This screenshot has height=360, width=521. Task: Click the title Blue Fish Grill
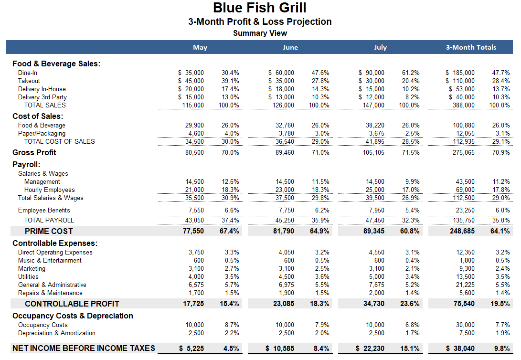pos(260,8)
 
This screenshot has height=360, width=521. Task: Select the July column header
pos(380,47)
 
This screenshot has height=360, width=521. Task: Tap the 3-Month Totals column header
pos(471,47)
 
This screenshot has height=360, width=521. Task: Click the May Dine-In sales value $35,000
pos(191,73)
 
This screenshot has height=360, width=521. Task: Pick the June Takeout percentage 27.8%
pos(320,81)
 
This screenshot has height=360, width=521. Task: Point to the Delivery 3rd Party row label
pos(43,97)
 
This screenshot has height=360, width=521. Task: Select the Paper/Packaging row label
pos(42,133)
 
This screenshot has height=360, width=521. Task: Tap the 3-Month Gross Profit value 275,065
pos(464,152)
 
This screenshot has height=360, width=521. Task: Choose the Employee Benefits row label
pos(44,210)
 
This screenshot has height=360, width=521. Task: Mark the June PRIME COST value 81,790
pos(284,231)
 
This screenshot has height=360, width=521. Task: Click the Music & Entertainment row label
pos(50,260)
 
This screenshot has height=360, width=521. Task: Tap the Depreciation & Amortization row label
pos(57,333)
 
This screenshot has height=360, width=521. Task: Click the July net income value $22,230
pos(371,349)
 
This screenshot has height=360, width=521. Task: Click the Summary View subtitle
pos(260,33)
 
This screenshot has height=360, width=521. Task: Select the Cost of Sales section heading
pos(38,116)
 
